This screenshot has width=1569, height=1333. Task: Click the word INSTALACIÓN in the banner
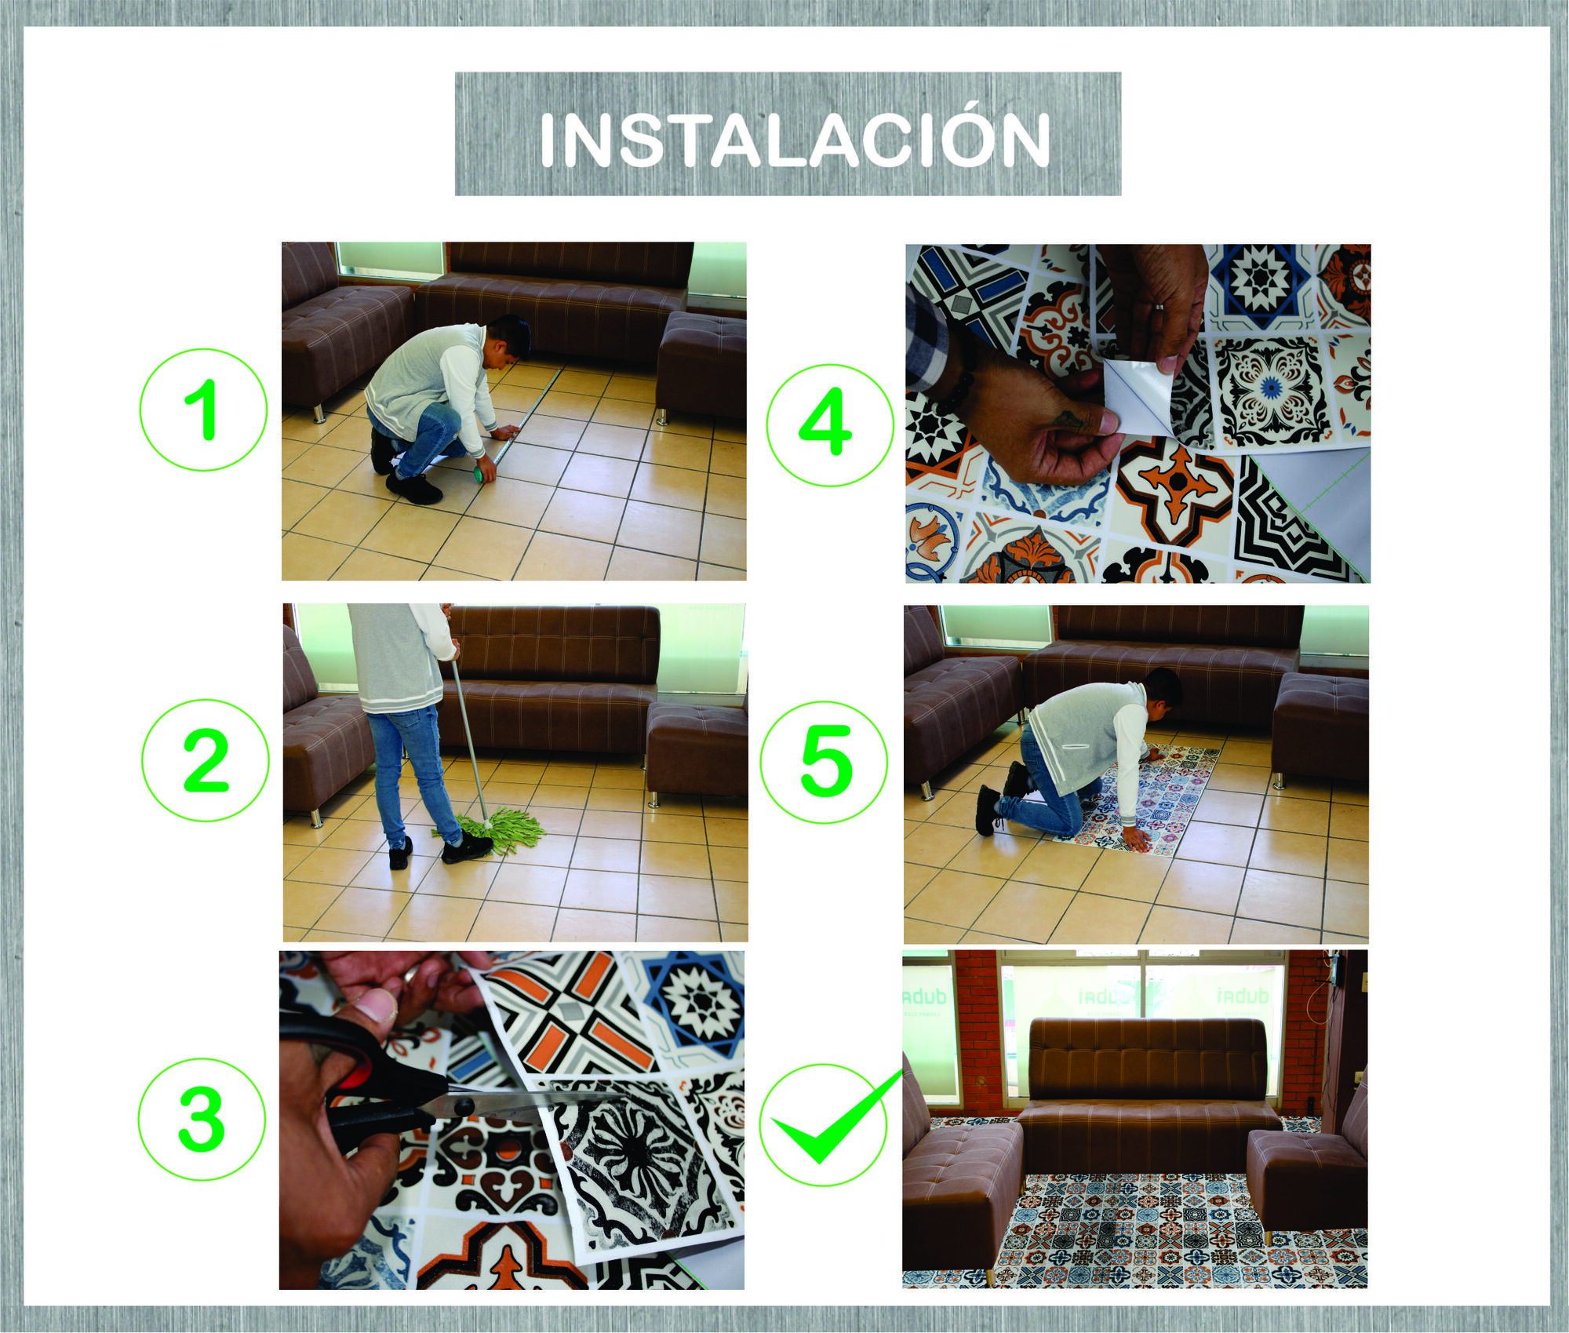794,140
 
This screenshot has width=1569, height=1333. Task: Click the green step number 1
202,409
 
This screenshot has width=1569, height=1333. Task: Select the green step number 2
205,759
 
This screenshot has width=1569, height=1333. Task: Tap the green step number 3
202,1120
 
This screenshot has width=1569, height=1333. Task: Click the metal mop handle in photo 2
468,730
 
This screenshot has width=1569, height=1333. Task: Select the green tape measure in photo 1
478,474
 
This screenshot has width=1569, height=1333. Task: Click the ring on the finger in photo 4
1158,307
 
